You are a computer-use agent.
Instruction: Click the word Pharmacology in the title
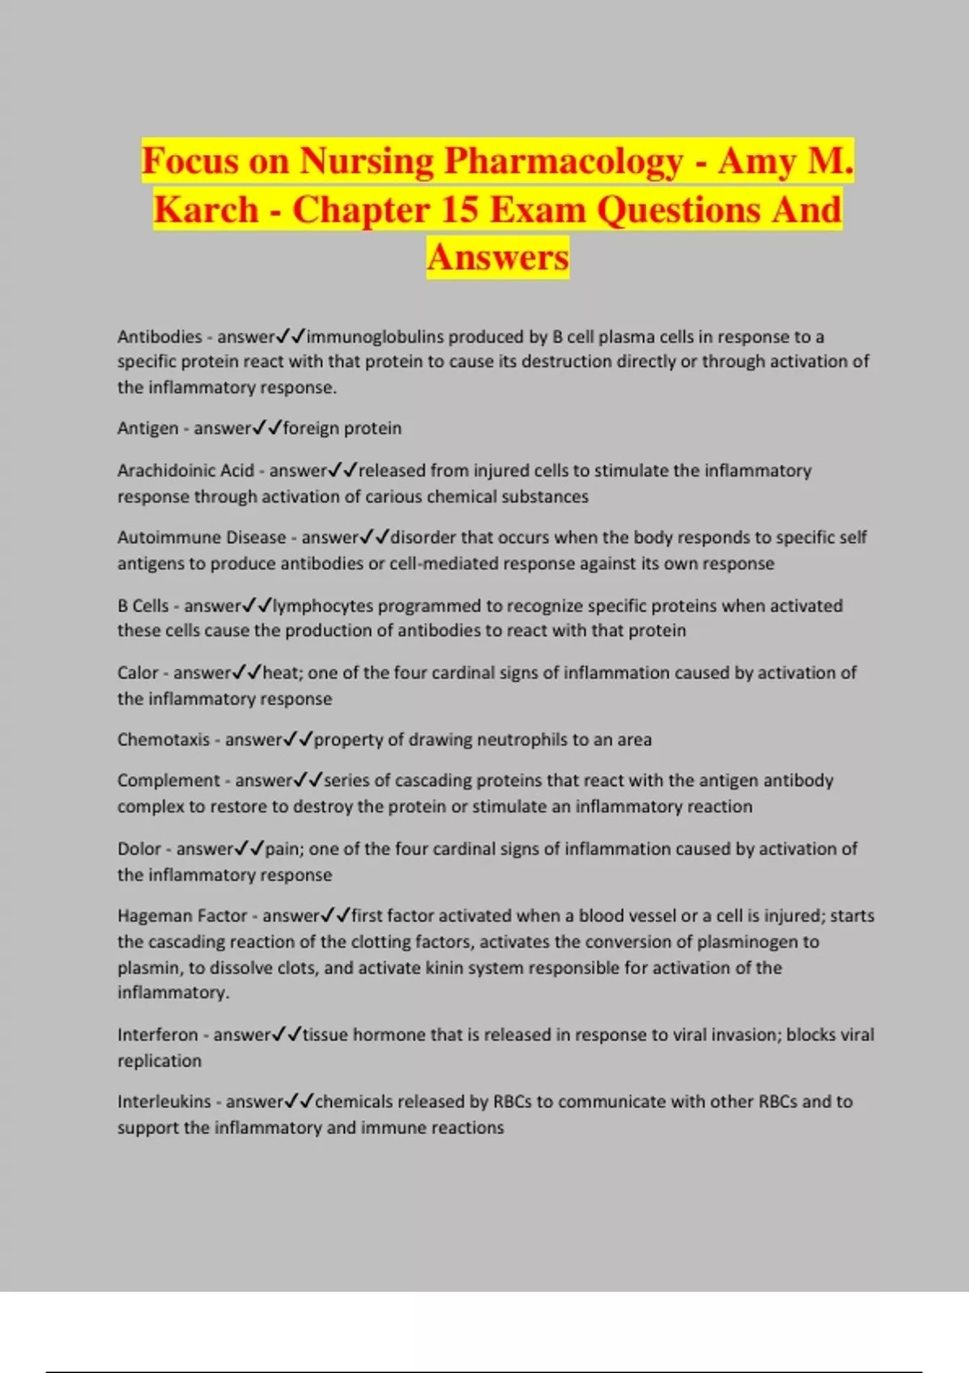[563, 162]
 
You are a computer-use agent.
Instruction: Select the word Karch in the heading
[206, 210]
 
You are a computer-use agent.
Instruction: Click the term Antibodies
[159, 337]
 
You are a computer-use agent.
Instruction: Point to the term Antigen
[148, 428]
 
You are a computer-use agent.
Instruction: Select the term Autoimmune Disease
[202, 538]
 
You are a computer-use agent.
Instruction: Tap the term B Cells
[143, 606]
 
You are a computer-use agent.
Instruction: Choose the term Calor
[138, 673]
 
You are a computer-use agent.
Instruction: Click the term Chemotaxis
[163, 740]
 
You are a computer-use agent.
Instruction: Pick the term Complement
[168, 781]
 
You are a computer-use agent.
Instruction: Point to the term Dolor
[140, 849]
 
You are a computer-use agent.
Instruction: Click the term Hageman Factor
[182, 916]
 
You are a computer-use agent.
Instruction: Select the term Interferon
[157, 1035]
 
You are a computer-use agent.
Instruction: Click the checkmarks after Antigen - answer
[267, 428]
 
